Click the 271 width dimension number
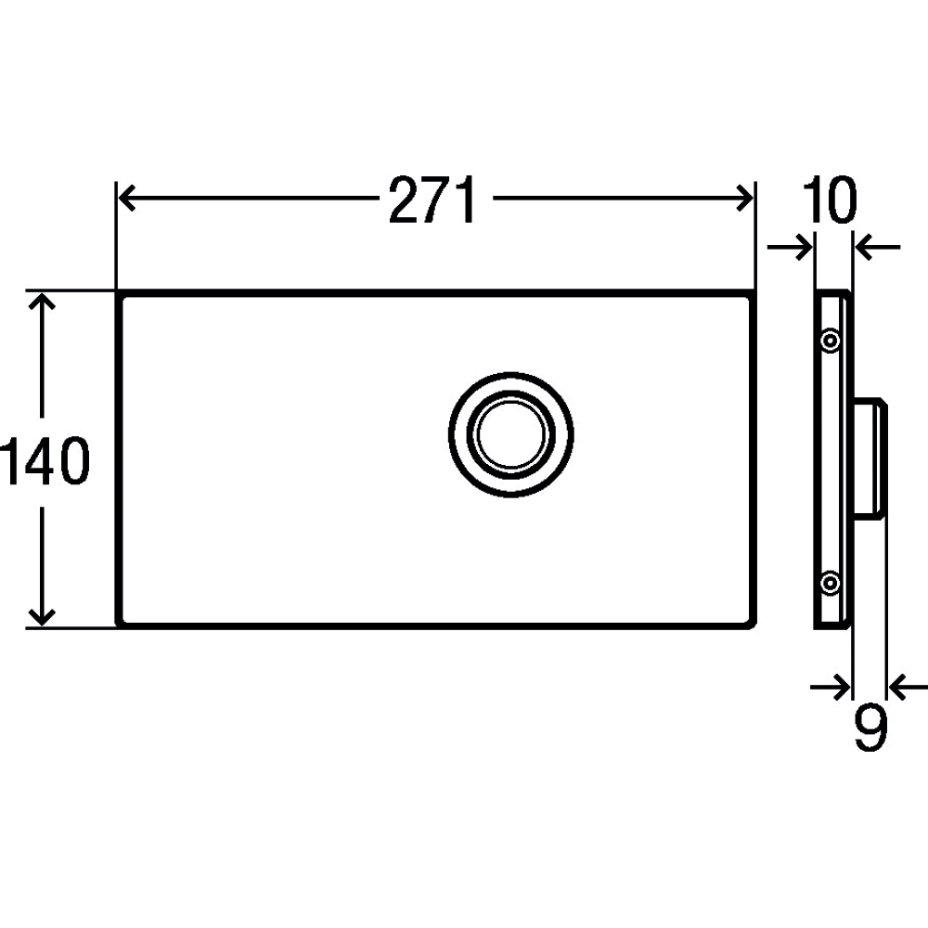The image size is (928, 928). click(x=432, y=200)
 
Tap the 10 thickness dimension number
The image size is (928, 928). click(x=830, y=200)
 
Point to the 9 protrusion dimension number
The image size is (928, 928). click(x=871, y=728)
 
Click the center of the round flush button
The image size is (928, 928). click(x=510, y=435)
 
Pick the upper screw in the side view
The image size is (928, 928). click(x=831, y=341)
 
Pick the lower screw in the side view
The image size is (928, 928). click(x=831, y=584)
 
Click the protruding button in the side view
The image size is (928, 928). click(x=870, y=458)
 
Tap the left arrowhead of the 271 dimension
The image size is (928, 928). click(x=128, y=198)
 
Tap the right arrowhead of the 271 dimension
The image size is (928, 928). click(x=744, y=198)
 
